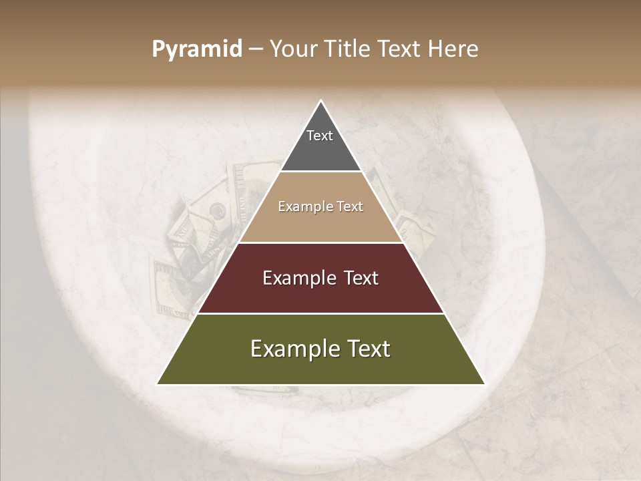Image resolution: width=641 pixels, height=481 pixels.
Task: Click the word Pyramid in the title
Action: tap(196, 49)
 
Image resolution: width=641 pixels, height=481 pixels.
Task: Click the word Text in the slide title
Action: tap(400, 49)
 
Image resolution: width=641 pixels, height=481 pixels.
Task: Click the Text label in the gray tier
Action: tap(320, 136)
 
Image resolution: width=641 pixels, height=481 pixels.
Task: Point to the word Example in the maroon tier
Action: tap(297, 278)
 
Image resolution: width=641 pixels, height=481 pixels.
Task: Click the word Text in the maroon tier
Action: tap(361, 278)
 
